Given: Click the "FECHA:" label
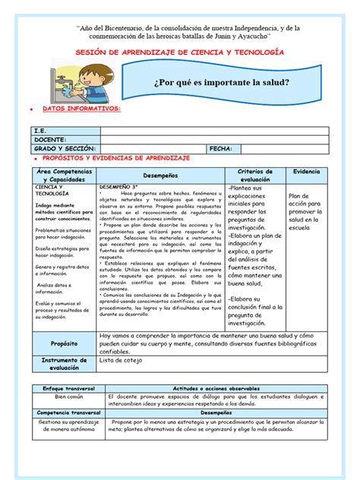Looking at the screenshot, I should point(223,150).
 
